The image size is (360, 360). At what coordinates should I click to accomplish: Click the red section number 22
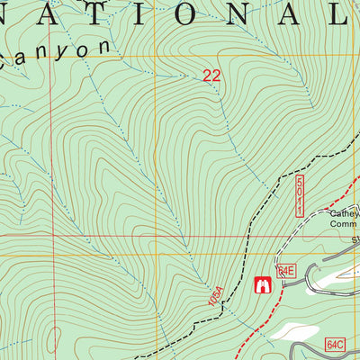211,77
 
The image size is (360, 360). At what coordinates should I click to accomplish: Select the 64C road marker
336,345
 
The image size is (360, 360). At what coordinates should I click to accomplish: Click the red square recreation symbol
264,286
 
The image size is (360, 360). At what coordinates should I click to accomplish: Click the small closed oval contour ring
53,339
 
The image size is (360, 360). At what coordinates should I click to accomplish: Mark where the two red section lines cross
50,238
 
